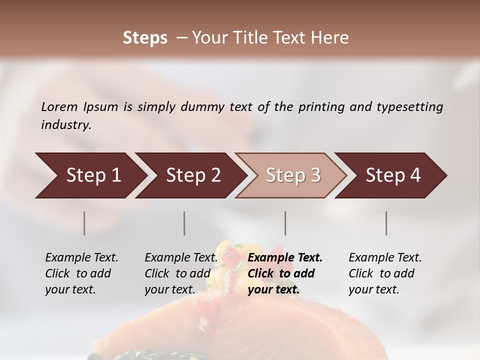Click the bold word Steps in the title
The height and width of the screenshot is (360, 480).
pos(145,37)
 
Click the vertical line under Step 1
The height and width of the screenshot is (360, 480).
pos(84,223)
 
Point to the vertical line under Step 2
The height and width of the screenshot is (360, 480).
pos(184,223)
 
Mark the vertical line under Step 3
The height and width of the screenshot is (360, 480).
pos(285,223)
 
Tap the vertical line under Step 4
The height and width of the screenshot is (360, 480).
pos(386,223)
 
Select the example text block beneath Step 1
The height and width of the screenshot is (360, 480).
pos(81,273)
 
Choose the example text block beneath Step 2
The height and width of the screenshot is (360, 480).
pos(181,273)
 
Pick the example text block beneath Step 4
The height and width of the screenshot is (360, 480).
pos(385,273)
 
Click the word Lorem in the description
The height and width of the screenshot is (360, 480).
pos(59,106)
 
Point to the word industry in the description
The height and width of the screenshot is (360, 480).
pos(66,125)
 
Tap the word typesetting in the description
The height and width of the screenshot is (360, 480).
pos(409,107)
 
